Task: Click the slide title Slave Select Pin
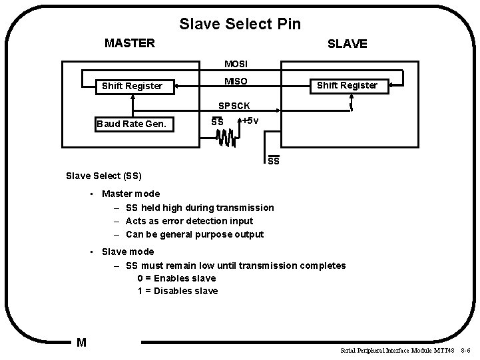[x=240, y=25]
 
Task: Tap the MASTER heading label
[x=130, y=44]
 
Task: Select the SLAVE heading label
[x=347, y=44]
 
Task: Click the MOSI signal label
[x=236, y=65]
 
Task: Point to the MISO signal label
[x=236, y=81]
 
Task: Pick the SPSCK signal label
[x=236, y=106]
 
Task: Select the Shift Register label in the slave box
[x=347, y=85]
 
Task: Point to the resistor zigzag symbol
[x=225, y=138]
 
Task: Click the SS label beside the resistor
[x=217, y=122]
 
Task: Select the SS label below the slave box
[x=274, y=161]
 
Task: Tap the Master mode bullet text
[x=130, y=194]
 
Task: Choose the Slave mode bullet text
[x=127, y=252]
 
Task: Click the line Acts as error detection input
[x=189, y=221]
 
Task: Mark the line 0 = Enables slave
[x=176, y=278]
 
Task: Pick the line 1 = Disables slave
[x=178, y=291]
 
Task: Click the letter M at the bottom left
[x=81, y=343]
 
